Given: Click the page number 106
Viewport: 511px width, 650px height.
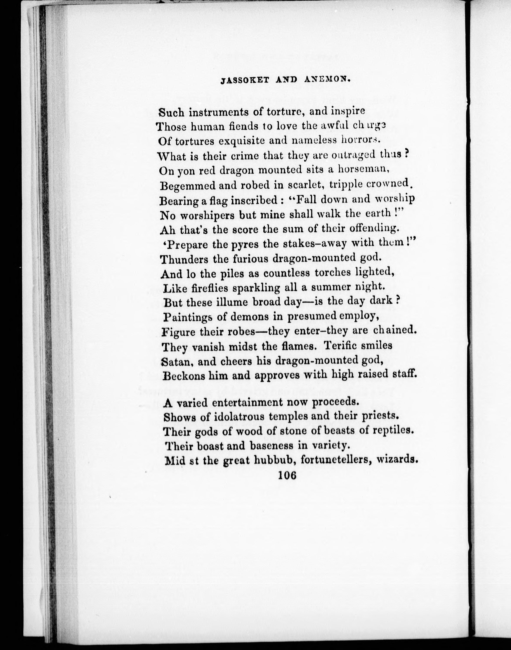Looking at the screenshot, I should (287, 475).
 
